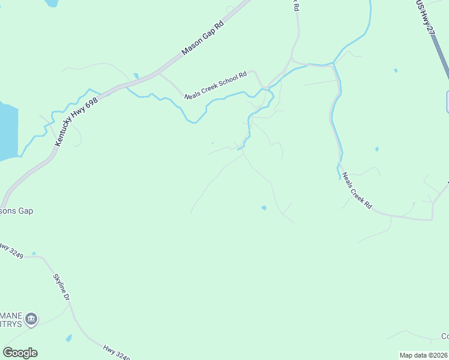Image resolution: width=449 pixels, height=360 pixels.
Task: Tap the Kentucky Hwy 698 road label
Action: pyautogui.click(x=76, y=121)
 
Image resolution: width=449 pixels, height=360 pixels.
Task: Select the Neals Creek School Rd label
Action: pyautogui.click(x=215, y=85)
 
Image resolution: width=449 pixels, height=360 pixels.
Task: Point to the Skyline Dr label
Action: pyautogui.click(x=59, y=281)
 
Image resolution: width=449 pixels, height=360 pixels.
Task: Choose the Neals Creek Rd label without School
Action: pyautogui.click(x=357, y=191)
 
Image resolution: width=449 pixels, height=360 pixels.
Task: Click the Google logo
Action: pyautogui.click(x=20, y=353)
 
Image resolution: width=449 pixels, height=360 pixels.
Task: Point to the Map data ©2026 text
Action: pyautogui.click(x=423, y=355)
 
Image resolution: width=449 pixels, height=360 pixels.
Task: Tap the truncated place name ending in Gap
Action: pyautogui.click(x=16, y=211)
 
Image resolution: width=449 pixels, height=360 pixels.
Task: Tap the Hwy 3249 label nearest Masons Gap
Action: pyautogui.click(x=12, y=251)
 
